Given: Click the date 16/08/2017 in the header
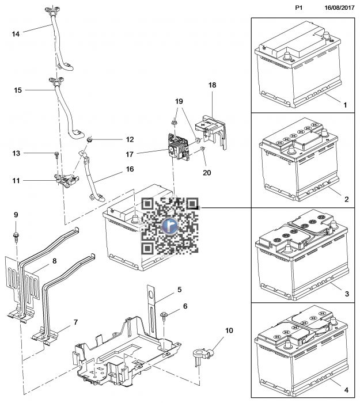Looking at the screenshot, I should coord(338,7).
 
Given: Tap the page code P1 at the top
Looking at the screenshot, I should coord(298,7).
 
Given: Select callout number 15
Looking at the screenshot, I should coord(17,90).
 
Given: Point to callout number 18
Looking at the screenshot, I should coord(212,85).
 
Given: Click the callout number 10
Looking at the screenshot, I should coord(229,330).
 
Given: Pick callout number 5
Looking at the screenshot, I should coord(179,290).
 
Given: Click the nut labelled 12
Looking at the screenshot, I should coord(90,140).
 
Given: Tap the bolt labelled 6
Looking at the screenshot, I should coord(164,314).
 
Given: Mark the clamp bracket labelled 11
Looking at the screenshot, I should coord(66,180).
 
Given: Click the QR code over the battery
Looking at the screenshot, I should coord(170,226).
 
